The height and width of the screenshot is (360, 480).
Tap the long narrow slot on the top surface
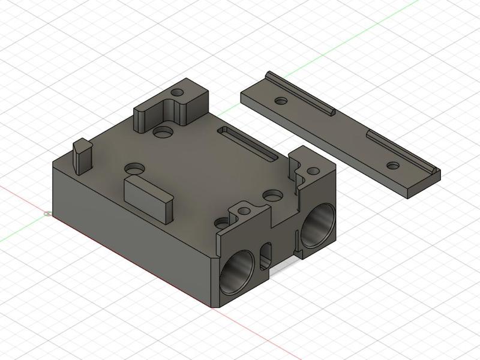pyautogui.click(x=247, y=143)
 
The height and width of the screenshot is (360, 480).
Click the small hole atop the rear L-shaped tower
pyautogui.click(x=177, y=94)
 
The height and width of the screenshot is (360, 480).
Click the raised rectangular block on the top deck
pyautogui.click(x=147, y=196)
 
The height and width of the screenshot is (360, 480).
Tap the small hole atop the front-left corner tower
pyautogui.click(x=244, y=211)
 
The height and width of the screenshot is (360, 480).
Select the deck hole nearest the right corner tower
pyautogui.click(x=273, y=196)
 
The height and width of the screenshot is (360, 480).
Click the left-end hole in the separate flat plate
pyautogui.click(x=280, y=100)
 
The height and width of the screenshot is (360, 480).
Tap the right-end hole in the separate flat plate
pyautogui.click(x=393, y=165)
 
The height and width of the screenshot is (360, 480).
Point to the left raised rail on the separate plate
pyautogui.click(x=299, y=92)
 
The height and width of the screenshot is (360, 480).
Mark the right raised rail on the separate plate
pyautogui.click(x=402, y=153)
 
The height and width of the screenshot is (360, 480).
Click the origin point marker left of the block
pyautogui.click(x=47, y=212)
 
